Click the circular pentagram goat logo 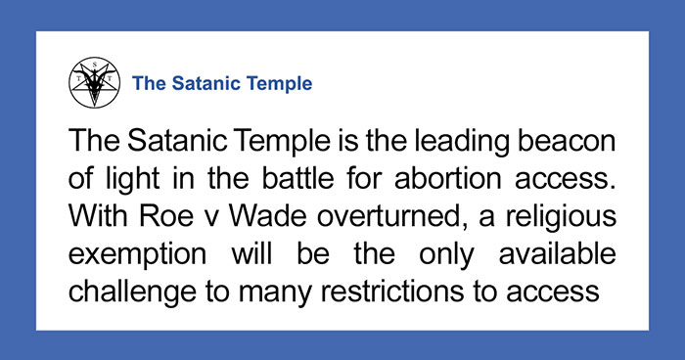[x=93, y=83]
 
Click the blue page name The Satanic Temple [x=222, y=83]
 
